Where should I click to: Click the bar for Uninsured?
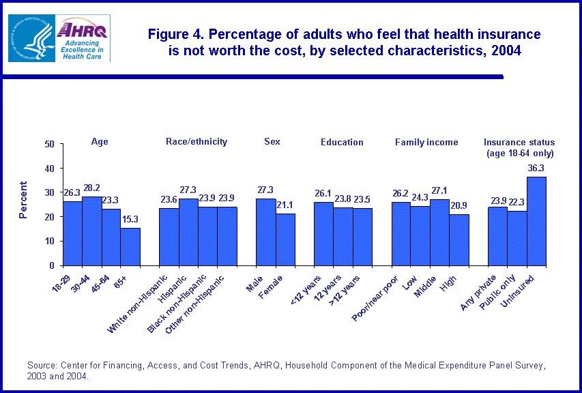pyautogui.click(x=536, y=221)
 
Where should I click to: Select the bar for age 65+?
pyautogui.click(x=130, y=246)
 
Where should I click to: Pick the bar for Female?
pyautogui.click(x=285, y=239)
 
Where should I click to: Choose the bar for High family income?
pyautogui.click(x=459, y=239)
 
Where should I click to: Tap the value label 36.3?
pyautogui.click(x=536, y=169)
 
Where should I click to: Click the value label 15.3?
pyautogui.click(x=130, y=220)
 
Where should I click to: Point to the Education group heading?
pyautogui.click(x=342, y=142)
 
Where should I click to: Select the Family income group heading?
pyautogui.click(x=426, y=142)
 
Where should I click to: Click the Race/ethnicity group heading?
pyautogui.click(x=197, y=142)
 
